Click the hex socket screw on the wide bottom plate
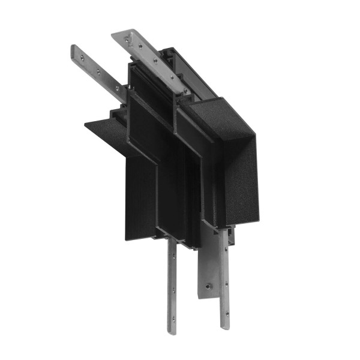[x=208, y=286]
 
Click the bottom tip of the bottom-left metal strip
[x=172, y=332]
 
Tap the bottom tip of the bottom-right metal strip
[x=224, y=326]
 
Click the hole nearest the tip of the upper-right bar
[x=127, y=40]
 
